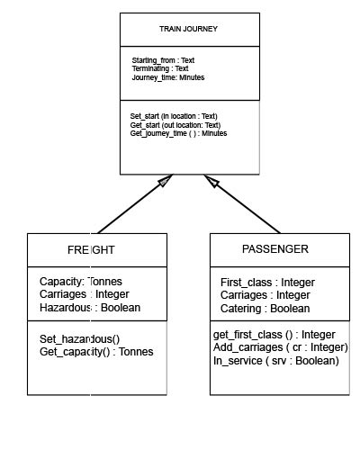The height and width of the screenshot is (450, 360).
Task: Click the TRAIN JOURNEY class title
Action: pos(188,29)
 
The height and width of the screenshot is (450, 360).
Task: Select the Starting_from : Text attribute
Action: pos(163,60)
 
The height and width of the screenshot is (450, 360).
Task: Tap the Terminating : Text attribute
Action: pos(160,68)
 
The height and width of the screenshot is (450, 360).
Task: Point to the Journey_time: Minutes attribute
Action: pos(168,77)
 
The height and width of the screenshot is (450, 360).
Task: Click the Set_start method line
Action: pos(174,116)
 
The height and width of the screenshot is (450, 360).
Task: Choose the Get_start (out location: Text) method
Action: pos(175,125)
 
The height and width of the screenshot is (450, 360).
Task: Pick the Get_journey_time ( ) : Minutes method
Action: pos(178,133)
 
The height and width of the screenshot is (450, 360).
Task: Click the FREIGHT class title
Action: pos(91,249)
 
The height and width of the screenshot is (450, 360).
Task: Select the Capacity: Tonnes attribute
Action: pos(81,282)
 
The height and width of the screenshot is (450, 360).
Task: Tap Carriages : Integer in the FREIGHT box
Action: pos(85,294)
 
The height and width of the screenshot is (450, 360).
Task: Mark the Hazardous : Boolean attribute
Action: pos(90,307)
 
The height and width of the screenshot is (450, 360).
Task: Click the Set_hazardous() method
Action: pos(79,338)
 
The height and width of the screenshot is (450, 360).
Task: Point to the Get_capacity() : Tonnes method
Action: pos(96,351)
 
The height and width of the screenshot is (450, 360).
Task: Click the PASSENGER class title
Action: pos(275,248)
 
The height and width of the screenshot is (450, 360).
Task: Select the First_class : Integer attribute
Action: pos(268,283)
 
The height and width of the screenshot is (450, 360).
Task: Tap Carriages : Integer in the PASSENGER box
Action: pos(265,295)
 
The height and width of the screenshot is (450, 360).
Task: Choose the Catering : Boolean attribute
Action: pos(265,308)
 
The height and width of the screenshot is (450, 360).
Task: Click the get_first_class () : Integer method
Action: pos(274,335)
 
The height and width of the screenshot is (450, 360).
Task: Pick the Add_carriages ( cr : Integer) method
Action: pos(280,347)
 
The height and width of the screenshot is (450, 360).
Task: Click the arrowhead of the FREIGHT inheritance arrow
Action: pos(163,181)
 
